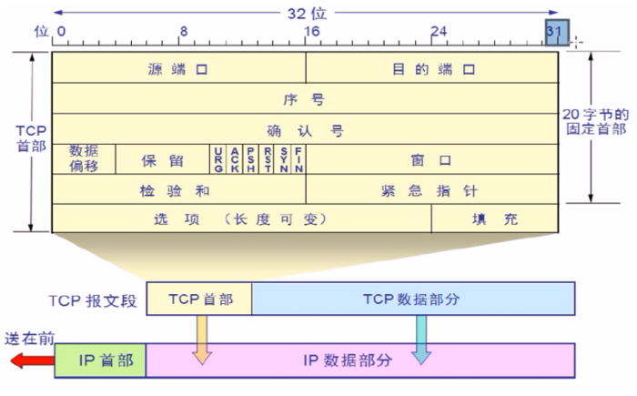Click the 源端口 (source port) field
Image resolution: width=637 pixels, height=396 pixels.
178,68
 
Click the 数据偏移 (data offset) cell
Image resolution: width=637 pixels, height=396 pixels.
84,158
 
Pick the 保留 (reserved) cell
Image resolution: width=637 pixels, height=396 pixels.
162,159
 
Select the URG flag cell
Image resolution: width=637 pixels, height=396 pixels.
218,158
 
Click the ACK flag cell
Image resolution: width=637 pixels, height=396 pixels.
235,158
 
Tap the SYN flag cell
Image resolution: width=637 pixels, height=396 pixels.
283,158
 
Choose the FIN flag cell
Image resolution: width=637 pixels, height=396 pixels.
298,158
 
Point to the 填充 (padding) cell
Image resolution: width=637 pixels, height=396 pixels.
495,218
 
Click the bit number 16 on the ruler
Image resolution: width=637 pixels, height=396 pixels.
312,30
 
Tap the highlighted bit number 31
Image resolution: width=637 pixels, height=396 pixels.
556,31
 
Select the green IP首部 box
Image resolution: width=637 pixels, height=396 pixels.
100,360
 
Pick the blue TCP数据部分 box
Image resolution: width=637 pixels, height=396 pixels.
413,298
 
